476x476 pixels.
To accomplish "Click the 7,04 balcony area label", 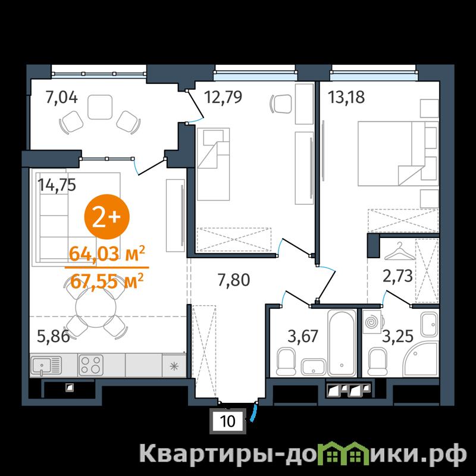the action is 61,98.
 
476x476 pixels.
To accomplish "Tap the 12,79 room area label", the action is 223,97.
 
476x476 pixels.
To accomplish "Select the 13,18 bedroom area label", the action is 347,97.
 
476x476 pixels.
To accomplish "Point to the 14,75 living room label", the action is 57,184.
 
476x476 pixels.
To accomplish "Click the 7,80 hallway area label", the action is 234,280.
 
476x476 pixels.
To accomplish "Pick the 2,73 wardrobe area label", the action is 397,276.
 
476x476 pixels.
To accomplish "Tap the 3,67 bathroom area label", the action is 303,336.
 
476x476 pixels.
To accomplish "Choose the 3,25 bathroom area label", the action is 397,336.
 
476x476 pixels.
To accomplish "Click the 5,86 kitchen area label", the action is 53,336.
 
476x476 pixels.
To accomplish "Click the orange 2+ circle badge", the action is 107,217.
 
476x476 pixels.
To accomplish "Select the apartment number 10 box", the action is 228,421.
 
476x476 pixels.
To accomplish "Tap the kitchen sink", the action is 46,365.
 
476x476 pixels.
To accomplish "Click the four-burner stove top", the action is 91,365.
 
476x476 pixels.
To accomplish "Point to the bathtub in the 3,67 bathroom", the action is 342,343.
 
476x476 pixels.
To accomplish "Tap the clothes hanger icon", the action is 399,251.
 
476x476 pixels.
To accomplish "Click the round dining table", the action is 96,307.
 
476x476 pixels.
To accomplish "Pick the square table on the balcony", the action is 100,107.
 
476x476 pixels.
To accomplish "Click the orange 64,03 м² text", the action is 107,254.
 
